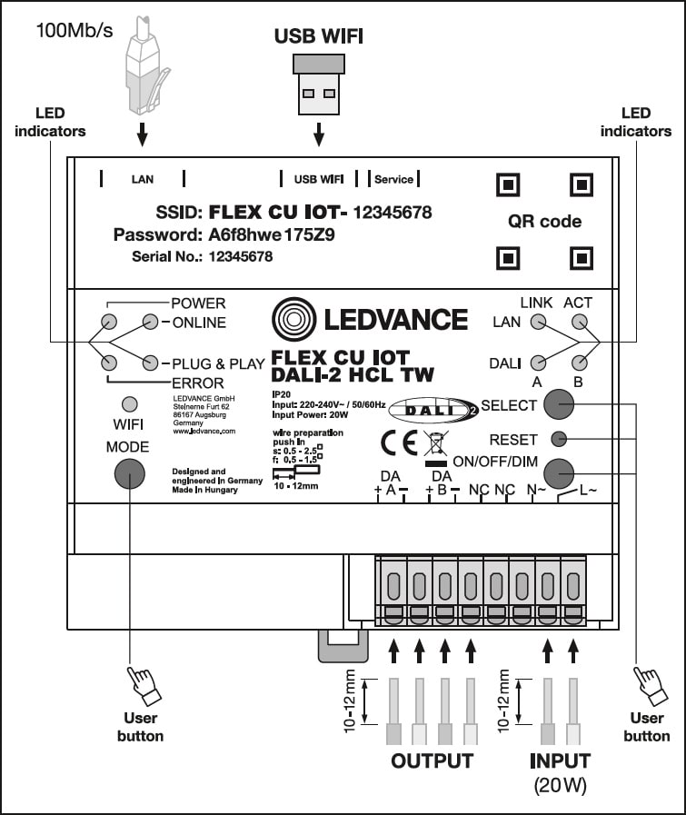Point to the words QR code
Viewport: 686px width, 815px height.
coord(544,222)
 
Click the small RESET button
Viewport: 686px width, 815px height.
coord(559,439)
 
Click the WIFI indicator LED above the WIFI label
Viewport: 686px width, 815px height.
coord(130,403)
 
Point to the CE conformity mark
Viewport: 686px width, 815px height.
coord(398,442)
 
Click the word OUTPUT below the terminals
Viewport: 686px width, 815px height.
coord(432,760)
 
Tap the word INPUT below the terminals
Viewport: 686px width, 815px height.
coord(560,760)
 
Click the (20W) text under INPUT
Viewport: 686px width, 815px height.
coord(560,785)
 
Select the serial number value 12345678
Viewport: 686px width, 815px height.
coord(241,257)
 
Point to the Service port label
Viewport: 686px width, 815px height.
coord(393,179)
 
